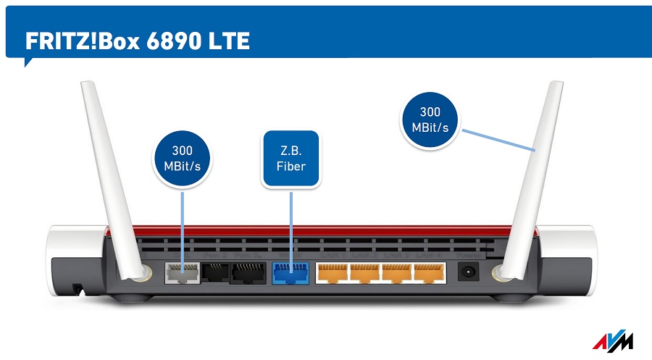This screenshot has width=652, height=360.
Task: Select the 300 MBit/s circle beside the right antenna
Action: point(431,120)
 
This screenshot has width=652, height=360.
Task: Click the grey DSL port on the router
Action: point(182,272)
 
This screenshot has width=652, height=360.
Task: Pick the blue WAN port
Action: point(290,273)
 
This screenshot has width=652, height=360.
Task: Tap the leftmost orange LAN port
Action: point(332,272)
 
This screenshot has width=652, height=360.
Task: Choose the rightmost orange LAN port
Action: point(430,272)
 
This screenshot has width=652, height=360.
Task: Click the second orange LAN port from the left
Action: point(364,272)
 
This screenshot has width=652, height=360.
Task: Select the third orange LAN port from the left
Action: point(397,272)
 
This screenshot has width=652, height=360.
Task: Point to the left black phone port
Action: point(214,272)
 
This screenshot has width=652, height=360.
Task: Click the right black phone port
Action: point(246,272)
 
